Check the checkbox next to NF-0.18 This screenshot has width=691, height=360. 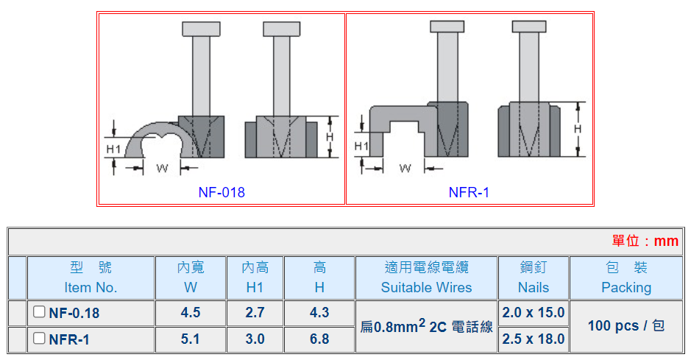click(39, 312)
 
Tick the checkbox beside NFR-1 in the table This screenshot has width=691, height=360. click(39, 339)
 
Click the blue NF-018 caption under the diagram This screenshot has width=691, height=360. click(222, 193)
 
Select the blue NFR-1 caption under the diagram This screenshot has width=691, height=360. click(469, 193)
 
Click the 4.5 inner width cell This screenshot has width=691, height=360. click(191, 313)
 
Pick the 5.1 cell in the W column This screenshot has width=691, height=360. click(191, 339)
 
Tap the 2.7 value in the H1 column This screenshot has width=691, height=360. click(255, 313)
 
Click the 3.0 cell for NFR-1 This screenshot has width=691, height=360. click(255, 339)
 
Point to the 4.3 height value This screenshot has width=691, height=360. click(319, 313)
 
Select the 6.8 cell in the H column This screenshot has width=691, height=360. click(319, 339)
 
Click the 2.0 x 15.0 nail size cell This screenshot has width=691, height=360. click(534, 313)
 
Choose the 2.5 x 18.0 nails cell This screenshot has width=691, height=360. click(534, 339)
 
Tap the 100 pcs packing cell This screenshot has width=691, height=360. click(626, 325)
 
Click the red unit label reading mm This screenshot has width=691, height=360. click(645, 241)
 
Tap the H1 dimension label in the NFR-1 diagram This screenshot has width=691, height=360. click(361, 147)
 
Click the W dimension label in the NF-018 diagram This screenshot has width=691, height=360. click(163, 168)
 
